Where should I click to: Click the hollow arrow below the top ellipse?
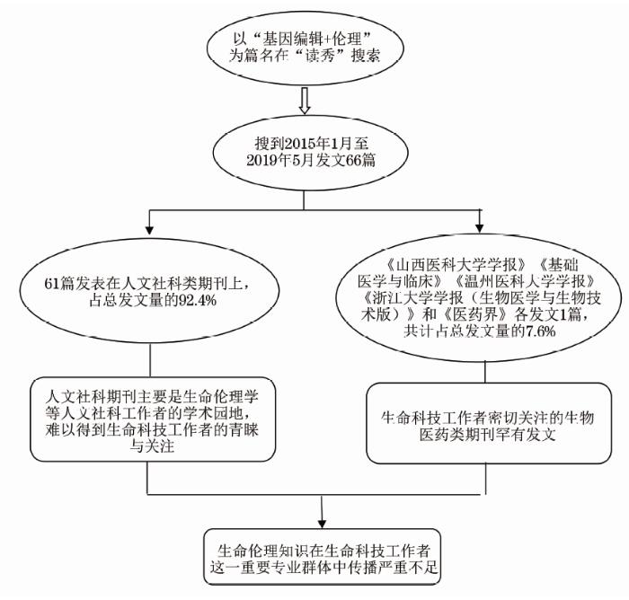tap(305, 101)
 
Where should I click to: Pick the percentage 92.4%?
tap(197, 300)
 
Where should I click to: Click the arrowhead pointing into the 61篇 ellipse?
tap(149, 229)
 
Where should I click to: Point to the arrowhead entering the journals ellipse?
tap(479, 228)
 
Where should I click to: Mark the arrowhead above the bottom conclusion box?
tap(322, 524)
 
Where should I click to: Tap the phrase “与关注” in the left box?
tap(152, 446)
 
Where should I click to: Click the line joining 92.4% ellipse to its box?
tap(150, 360)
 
